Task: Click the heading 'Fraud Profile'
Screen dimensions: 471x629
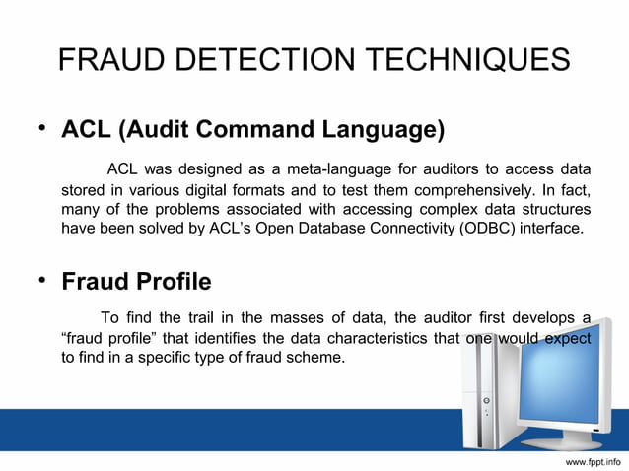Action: (136, 283)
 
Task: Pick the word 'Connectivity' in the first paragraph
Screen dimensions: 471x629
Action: (402, 230)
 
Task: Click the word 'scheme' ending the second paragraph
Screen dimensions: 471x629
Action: (316, 358)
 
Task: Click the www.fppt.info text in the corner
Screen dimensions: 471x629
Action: (593, 460)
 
